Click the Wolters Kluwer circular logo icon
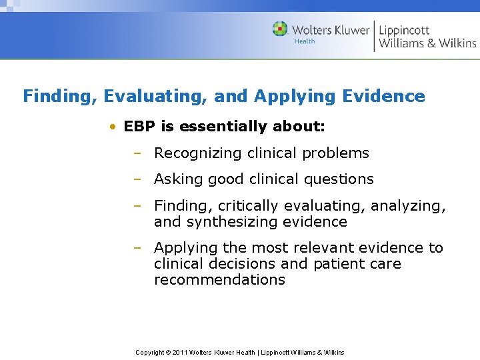280,29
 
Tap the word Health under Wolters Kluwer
304,41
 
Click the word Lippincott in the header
404,29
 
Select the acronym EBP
140,127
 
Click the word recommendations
219,280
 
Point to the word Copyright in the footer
151,352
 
